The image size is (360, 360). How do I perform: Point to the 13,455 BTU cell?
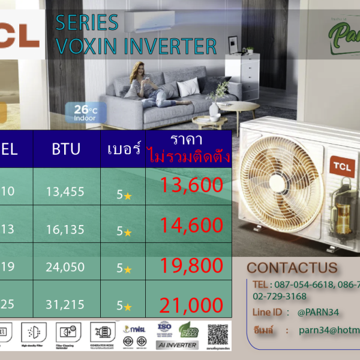pyautogui.click(x=65, y=192)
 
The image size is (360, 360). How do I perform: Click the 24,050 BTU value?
pyautogui.click(x=65, y=267)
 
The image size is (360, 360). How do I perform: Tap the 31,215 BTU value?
pyautogui.click(x=65, y=305)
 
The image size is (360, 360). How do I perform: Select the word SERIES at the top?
pyautogui.click(x=86, y=23)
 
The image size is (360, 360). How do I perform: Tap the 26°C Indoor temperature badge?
pyautogui.click(x=82, y=112)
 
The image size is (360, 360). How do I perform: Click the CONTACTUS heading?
pyautogui.click(x=292, y=268)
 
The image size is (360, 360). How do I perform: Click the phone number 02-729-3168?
pyautogui.click(x=280, y=296)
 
